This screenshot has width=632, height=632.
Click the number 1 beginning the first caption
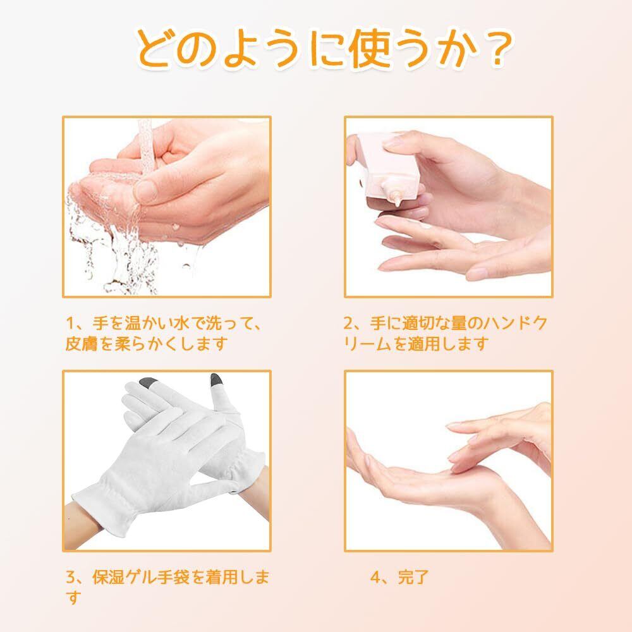click(71, 323)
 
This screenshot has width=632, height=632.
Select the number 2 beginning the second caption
click(349, 323)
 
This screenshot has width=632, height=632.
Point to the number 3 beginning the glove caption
click(71, 577)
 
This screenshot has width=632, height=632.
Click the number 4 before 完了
click(375, 577)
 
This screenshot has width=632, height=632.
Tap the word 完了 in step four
click(413, 577)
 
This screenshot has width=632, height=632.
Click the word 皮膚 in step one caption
click(82, 344)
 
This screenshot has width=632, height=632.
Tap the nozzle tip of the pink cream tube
click(397, 203)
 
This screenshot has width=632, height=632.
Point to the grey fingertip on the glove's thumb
click(217, 380)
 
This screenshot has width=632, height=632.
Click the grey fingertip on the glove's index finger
click(148, 382)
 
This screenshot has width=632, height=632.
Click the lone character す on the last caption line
click(73, 597)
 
